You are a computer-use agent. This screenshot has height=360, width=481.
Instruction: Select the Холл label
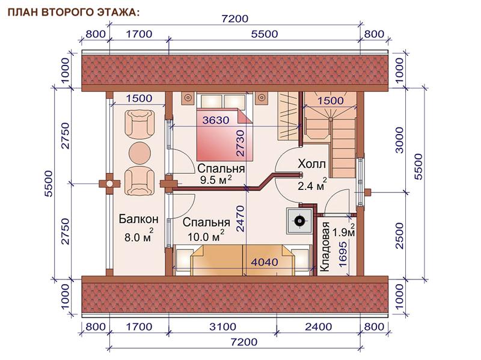[311, 164]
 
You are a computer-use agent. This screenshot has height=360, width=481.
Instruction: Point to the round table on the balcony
[140, 153]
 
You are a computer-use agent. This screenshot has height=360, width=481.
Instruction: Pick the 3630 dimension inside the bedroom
[216, 120]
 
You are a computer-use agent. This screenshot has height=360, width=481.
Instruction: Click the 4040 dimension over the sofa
[265, 262]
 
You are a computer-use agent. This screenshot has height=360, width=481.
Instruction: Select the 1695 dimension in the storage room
[343, 254]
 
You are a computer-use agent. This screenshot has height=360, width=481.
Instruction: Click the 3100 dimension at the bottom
[222, 327]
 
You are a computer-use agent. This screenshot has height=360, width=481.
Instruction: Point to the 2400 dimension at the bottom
[318, 327]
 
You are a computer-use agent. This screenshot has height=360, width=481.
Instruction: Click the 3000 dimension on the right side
[399, 140]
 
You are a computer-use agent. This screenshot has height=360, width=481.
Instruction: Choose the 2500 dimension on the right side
[399, 236]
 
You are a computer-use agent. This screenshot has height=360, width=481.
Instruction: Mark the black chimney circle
[299, 221]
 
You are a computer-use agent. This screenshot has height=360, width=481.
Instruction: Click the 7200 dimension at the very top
[234, 19]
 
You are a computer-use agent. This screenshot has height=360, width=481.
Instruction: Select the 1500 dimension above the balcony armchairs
[139, 98]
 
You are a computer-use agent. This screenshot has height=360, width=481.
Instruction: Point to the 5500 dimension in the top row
[265, 34]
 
